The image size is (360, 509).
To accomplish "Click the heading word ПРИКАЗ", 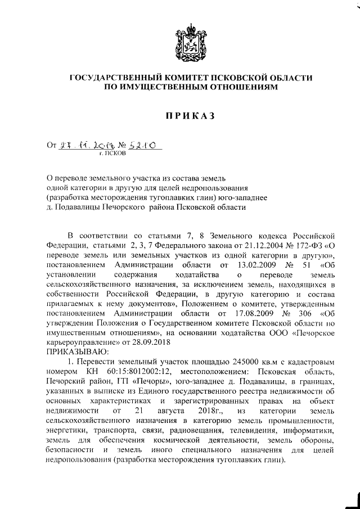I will tap(190, 116).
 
